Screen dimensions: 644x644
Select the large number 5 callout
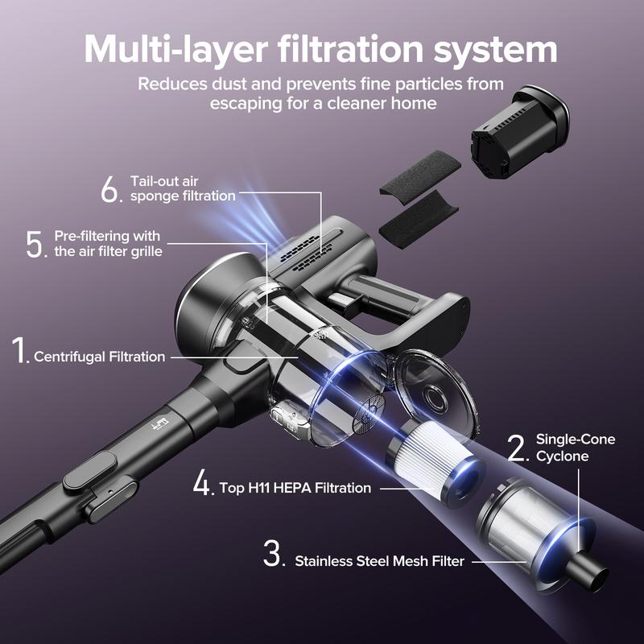point(37,243)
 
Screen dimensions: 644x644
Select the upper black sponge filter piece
point(419,173)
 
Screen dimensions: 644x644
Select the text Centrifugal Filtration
point(99,357)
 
